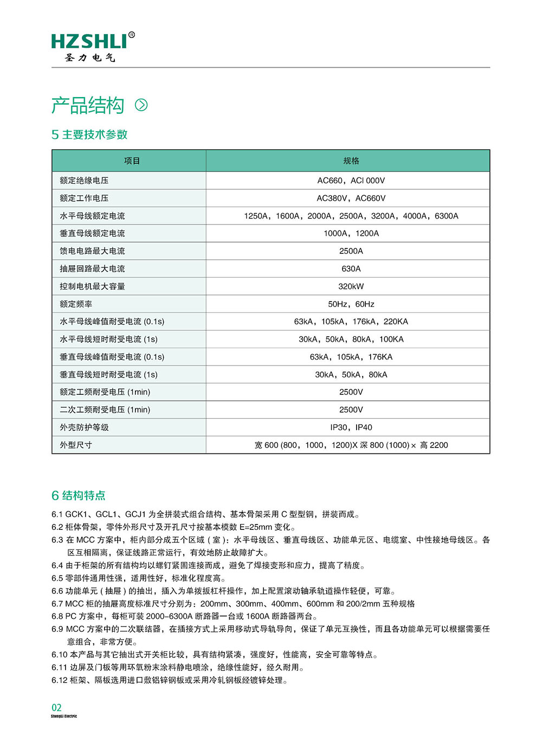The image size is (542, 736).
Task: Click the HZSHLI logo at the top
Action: tap(93, 46)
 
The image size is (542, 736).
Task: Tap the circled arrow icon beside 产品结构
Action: tap(141, 105)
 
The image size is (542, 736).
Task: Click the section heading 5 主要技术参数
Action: tap(89, 135)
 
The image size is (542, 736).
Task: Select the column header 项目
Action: tap(132, 161)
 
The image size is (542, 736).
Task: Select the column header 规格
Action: tap(351, 161)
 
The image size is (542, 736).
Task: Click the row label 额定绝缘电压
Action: tap(84, 181)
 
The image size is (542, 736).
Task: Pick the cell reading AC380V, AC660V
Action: tap(351, 199)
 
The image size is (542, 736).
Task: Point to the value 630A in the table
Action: tap(351, 269)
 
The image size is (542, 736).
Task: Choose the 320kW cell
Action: tap(351, 286)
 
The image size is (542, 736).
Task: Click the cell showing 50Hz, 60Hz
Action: tap(351, 304)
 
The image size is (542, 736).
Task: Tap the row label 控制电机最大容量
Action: tap(92, 286)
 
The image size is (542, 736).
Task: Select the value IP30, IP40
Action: tap(351, 427)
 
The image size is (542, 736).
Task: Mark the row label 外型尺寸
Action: tap(76, 445)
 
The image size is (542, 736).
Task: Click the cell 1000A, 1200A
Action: tap(351, 234)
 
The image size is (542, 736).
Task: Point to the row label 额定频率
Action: tap(76, 304)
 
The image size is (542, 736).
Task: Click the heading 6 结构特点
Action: tap(79, 495)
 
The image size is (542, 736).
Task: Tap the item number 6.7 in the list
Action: tap(57, 604)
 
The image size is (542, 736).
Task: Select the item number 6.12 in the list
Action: tap(60, 680)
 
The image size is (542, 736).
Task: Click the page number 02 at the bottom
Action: tap(56, 707)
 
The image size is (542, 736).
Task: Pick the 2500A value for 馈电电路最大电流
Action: tap(351, 251)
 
